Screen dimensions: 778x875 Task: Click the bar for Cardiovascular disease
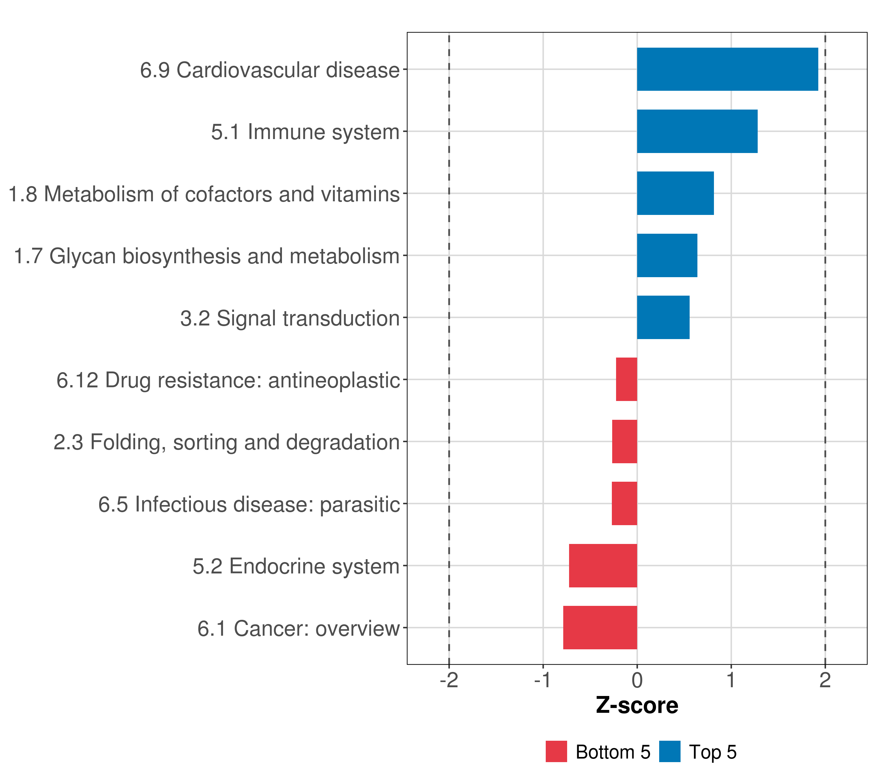tap(727, 69)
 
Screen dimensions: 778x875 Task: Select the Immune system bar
tap(697, 132)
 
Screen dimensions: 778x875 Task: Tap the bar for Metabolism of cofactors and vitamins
tap(675, 193)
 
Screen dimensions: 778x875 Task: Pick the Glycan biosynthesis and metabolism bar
tap(667, 256)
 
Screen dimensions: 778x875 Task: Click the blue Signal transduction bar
tap(663, 317)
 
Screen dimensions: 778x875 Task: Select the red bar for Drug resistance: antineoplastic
tap(626, 379)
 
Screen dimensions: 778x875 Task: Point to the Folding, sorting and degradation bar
tap(624, 442)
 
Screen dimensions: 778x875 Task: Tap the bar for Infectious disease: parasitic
tap(624, 503)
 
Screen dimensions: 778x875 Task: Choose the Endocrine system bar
tap(603, 566)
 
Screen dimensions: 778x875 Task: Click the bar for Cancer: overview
tap(600, 628)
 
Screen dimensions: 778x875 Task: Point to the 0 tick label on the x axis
tap(637, 680)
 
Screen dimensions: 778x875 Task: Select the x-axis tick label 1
tap(731, 680)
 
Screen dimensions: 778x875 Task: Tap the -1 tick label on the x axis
tap(543, 680)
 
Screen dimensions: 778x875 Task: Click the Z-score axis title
tap(637, 706)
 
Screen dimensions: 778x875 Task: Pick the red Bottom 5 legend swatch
tap(556, 751)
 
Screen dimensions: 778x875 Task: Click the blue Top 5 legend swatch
tap(670, 751)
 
